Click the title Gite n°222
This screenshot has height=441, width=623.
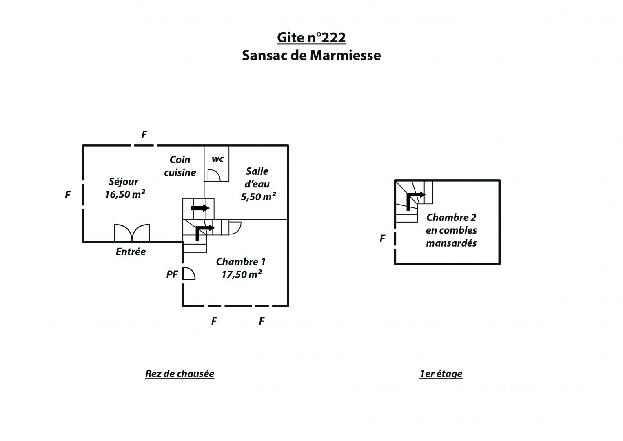click(311, 38)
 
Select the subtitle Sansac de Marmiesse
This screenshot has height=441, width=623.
click(311, 56)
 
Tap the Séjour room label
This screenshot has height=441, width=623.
click(124, 182)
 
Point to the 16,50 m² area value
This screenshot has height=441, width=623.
click(125, 194)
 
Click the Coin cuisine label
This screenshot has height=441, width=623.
click(180, 166)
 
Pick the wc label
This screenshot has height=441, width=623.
click(217, 159)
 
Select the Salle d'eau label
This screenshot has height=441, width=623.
click(257, 178)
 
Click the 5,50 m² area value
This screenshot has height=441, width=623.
click(258, 196)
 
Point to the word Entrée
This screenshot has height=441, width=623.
click(131, 252)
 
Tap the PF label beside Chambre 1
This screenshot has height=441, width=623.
click(172, 274)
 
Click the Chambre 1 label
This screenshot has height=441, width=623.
click(241, 262)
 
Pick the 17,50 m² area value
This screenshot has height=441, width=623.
click(242, 274)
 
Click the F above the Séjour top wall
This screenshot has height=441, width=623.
click(144, 135)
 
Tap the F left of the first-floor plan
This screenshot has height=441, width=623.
click(382, 238)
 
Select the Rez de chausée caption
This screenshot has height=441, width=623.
click(180, 374)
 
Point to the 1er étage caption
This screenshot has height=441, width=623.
click(441, 374)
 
